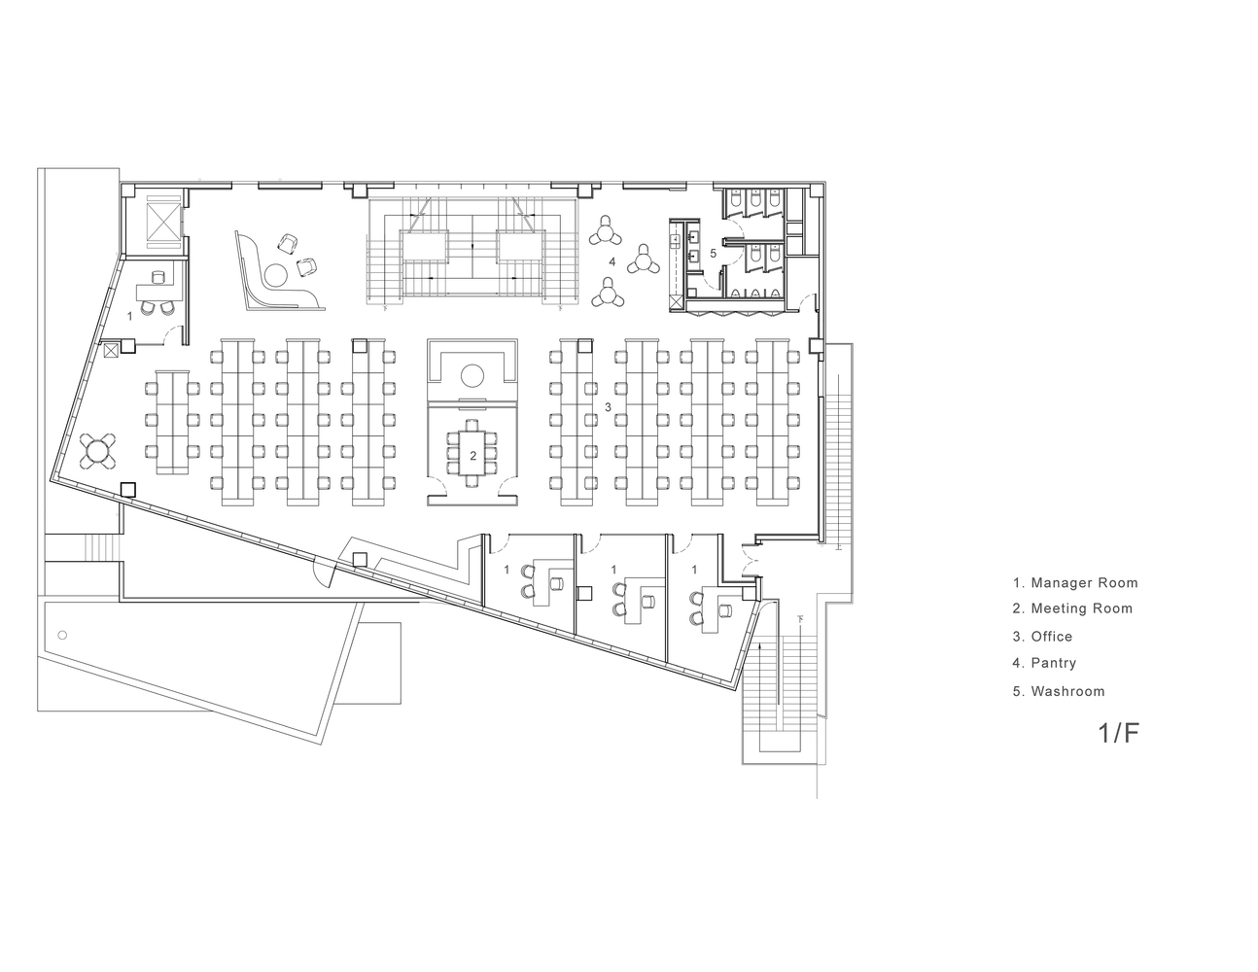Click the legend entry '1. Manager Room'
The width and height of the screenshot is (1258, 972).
tap(1075, 582)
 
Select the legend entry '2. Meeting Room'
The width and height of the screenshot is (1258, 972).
tap(1072, 608)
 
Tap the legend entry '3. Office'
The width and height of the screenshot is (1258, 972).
tap(1042, 637)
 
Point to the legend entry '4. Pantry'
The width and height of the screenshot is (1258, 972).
tap(1044, 663)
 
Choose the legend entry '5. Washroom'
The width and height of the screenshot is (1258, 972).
tap(1059, 691)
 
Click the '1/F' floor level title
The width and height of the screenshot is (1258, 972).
tap(1118, 733)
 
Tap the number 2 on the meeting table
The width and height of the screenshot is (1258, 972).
tap(472, 456)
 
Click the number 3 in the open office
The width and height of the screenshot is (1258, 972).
tap(608, 407)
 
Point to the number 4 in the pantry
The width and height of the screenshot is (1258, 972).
tap(612, 262)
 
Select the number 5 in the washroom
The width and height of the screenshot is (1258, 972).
tap(713, 253)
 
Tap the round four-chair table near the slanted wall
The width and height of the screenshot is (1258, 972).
tap(98, 451)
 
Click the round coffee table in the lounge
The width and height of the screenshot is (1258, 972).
tap(275, 274)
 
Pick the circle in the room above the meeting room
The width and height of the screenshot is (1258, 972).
tap(472, 375)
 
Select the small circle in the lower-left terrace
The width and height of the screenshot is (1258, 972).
tap(62, 636)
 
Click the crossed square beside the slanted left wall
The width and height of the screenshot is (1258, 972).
tap(111, 350)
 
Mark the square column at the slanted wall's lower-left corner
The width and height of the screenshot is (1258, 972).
tap(128, 490)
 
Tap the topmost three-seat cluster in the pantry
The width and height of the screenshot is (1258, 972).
tap(606, 232)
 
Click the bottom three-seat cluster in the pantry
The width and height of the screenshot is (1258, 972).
tap(608, 294)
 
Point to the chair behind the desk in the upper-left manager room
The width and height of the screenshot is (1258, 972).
tap(158, 277)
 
